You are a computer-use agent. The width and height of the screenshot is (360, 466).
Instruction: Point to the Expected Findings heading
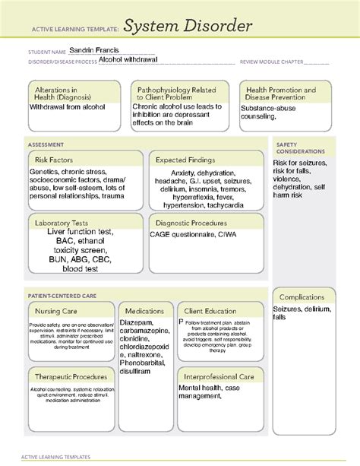click(185, 160)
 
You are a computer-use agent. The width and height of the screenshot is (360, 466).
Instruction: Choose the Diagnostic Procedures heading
click(191, 223)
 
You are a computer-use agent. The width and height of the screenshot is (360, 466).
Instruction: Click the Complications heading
click(302, 297)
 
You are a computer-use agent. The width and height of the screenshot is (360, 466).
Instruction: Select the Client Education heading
click(210, 311)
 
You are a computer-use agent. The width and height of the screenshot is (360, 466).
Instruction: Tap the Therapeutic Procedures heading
click(71, 376)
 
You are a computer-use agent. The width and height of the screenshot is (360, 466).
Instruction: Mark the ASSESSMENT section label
click(46, 144)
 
